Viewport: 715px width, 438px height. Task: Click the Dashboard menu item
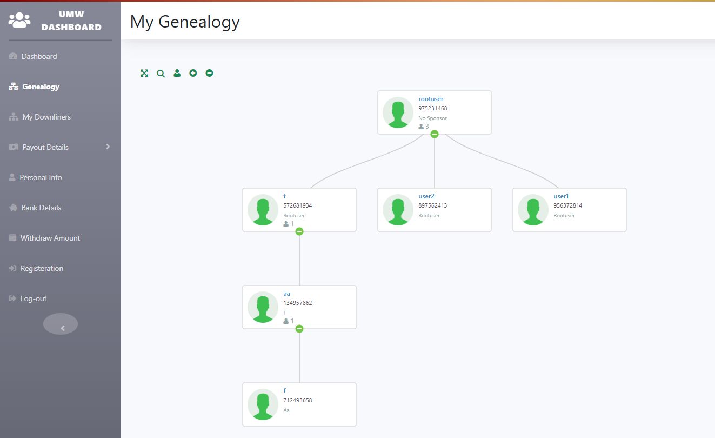[x=39, y=56]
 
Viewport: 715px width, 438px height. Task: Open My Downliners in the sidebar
[x=46, y=117]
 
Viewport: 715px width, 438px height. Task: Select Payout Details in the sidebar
[x=45, y=147]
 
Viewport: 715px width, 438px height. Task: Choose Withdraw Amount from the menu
[x=50, y=238]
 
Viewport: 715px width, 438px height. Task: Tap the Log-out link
[x=34, y=298]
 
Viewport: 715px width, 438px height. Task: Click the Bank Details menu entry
[x=41, y=208]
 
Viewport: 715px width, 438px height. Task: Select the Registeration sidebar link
[x=42, y=268]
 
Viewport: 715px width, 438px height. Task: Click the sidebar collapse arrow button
[x=61, y=324]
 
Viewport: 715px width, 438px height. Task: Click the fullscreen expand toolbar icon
[x=144, y=73]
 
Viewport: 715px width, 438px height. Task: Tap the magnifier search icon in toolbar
[x=161, y=73]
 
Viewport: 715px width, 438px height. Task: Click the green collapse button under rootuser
[x=435, y=134]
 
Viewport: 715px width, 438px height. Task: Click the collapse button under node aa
[x=299, y=329]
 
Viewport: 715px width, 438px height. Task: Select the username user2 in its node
[x=426, y=196]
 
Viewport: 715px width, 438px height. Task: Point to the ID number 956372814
[x=568, y=205]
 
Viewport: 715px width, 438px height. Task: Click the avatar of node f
[x=263, y=404]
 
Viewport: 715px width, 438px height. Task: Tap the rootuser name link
[x=431, y=99]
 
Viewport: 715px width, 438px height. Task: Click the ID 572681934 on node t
[x=298, y=205]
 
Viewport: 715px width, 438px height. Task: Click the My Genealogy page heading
[x=185, y=22]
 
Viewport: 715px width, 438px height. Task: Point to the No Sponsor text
[x=432, y=118]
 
